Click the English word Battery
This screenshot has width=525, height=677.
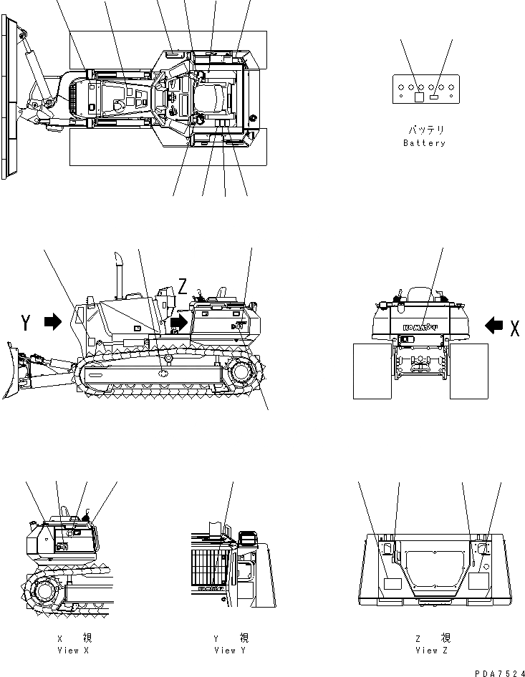[424, 143]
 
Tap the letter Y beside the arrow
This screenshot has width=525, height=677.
[26, 323]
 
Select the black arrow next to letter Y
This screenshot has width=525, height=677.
[53, 323]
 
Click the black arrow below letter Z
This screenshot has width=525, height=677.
[178, 323]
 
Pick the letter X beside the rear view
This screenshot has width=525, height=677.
[514, 327]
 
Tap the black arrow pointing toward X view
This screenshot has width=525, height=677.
[493, 326]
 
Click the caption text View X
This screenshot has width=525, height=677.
[73, 651]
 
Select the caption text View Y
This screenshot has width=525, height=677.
[231, 651]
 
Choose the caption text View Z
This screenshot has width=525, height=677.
[432, 651]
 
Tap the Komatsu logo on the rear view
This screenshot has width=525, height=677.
[420, 328]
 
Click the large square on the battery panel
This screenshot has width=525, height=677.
[420, 97]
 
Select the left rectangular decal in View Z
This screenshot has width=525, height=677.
[394, 583]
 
